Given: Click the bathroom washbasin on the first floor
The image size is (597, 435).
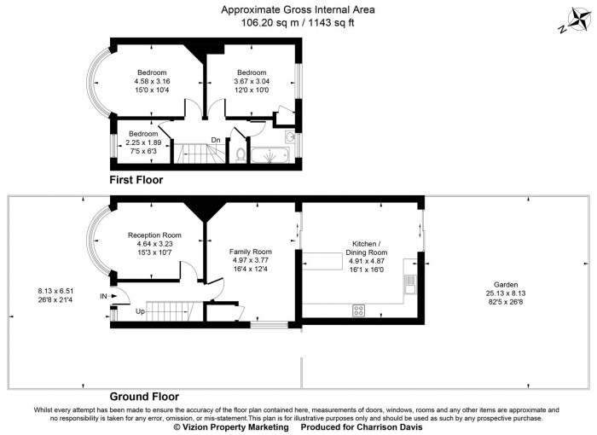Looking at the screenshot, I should click(x=290, y=137).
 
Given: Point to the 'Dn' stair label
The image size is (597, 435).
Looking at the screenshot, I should click(x=216, y=140).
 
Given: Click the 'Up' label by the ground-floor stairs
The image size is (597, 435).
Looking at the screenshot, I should click(x=140, y=311).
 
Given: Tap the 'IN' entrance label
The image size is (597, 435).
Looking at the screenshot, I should click(x=104, y=296).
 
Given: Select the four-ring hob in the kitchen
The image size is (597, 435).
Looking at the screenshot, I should click(x=359, y=310).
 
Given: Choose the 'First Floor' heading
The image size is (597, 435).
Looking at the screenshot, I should click(x=136, y=181).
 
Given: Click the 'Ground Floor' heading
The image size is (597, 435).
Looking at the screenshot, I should click(x=144, y=397).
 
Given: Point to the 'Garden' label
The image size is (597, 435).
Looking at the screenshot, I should click(x=506, y=284).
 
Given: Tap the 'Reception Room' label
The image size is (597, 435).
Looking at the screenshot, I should click(x=154, y=235).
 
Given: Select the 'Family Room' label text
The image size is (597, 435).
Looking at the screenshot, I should click(x=250, y=252).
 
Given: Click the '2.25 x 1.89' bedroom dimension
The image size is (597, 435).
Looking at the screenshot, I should click(x=143, y=142).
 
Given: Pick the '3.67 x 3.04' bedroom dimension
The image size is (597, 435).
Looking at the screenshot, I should click(x=252, y=81).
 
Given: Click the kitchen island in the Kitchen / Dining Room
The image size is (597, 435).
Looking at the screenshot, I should click(x=326, y=259).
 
